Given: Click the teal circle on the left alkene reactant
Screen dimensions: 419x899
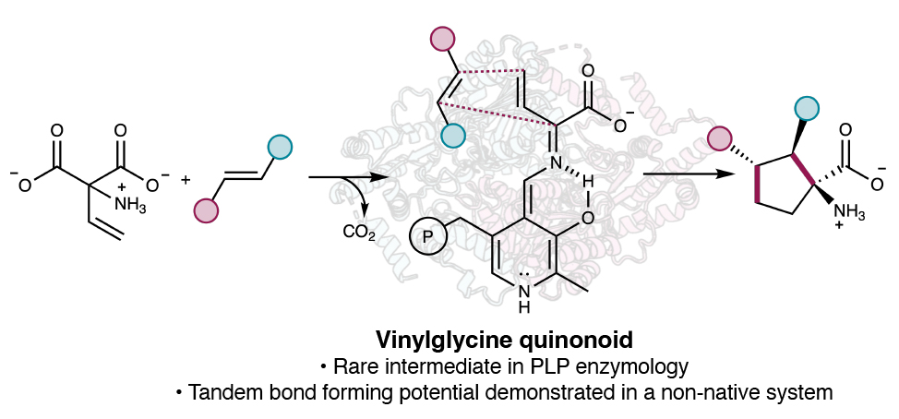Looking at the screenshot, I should point(279,146).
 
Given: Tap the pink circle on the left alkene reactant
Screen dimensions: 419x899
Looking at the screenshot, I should point(206,210).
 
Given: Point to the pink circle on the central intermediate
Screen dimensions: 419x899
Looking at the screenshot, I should point(443,40).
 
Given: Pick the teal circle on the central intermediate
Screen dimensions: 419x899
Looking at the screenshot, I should point(452,136).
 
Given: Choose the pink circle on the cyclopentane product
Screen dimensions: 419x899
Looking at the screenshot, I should point(720,139).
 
